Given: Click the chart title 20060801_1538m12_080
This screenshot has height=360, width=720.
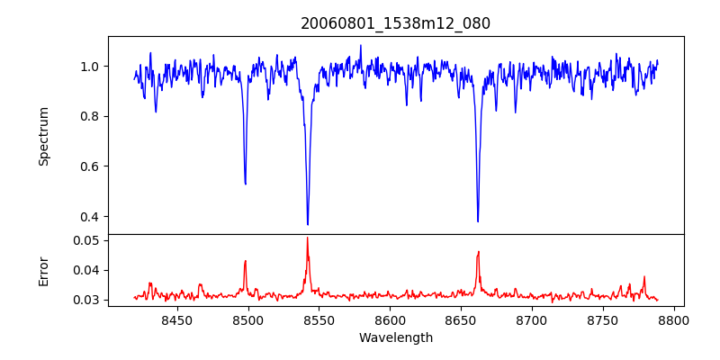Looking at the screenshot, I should click(395, 23).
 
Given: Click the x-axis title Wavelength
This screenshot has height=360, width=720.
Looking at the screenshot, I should click(395, 337).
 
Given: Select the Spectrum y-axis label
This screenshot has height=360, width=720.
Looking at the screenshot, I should click(44, 136).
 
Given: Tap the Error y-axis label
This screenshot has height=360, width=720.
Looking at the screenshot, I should click(44, 270).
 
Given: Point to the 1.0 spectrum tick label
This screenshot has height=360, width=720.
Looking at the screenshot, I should click(90, 67).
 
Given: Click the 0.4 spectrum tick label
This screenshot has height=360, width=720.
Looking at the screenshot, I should click(90, 216).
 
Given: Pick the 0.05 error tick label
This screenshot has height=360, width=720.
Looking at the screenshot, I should click(86, 240).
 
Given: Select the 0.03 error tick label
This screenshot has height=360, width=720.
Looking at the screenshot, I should click(86, 300).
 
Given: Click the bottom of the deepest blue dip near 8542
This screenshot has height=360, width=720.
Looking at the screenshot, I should click(308, 224).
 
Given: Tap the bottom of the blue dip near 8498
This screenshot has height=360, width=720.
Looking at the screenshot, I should click(246, 184).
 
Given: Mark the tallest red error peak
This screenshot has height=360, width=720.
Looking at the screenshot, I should click(307, 238).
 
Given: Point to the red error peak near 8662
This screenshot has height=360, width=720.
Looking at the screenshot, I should click(479, 252).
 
